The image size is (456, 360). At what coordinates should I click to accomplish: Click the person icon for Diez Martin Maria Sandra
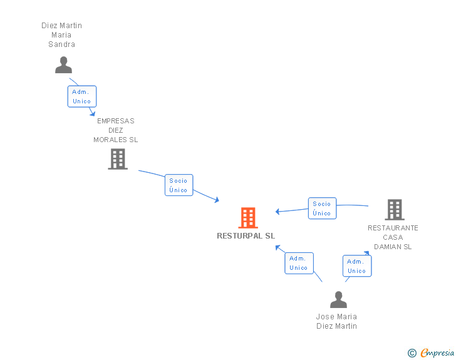tap(63, 65)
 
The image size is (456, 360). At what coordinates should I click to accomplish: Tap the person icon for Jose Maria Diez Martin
tap(338, 299)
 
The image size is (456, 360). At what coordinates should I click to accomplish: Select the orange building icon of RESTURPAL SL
tap(248, 218)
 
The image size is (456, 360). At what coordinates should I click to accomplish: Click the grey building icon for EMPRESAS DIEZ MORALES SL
tap(117, 159)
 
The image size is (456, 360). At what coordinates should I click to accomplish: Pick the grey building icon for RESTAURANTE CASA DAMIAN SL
tap(394, 210)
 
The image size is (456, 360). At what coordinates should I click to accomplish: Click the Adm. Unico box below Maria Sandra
tap(81, 96)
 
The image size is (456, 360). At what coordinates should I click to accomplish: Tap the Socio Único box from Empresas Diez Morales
tap(179, 185)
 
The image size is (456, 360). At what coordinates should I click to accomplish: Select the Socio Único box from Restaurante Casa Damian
tap(322, 208)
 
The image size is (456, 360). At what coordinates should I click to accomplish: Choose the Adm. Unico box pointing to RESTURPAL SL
tap(298, 263)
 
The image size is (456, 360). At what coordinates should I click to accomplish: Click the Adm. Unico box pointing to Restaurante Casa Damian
tap(356, 266)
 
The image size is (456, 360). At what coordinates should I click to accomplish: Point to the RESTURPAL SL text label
tap(246, 236)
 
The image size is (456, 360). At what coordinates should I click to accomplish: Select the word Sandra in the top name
tap(61, 44)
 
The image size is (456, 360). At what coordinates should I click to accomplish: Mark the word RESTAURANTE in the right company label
tap(393, 228)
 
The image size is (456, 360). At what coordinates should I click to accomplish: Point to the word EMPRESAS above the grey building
tap(115, 121)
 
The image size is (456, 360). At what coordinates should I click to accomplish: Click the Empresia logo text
tap(437, 353)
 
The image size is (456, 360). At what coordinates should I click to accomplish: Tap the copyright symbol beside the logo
tap(412, 354)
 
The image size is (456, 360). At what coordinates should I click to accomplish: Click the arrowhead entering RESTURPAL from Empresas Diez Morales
tap(217, 200)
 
